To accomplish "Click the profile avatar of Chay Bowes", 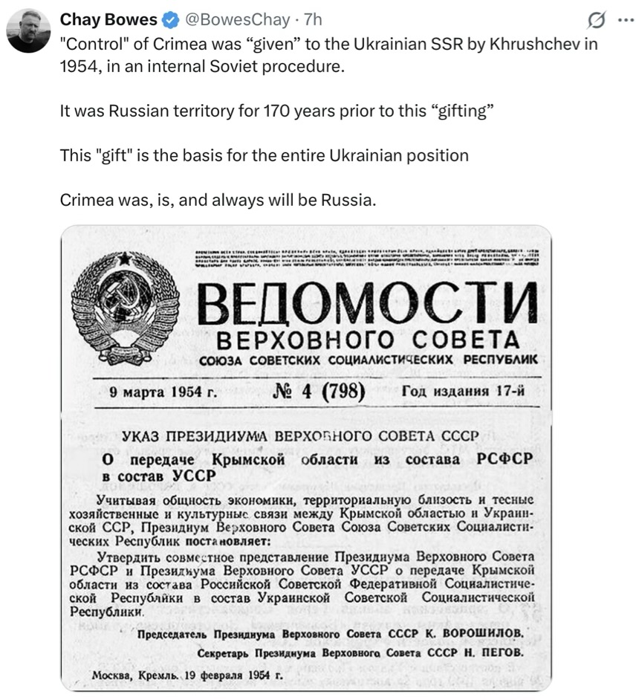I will click(28, 30).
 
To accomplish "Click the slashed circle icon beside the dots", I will click(595, 20).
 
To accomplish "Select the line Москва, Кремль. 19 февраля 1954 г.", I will click(188, 676).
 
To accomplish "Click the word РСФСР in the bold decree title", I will click(505, 459).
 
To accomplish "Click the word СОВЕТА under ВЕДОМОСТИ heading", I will click(466, 340).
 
